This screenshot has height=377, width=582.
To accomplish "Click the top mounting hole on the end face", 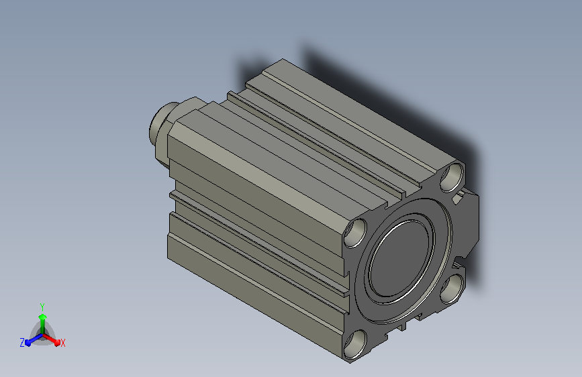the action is coord(452,177).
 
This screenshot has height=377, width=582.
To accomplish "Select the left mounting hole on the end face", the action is coord(355,233).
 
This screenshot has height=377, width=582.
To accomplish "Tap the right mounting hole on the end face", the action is coord(453,288).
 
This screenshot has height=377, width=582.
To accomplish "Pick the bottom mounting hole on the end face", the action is coord(355,344).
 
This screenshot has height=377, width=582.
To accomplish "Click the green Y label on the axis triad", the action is coord(42,307).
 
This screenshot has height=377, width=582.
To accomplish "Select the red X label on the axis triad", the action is coord(62,343).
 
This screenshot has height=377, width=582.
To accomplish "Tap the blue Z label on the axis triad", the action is coord(22,343).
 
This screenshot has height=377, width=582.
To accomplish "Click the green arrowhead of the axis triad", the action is coord(42,317).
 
